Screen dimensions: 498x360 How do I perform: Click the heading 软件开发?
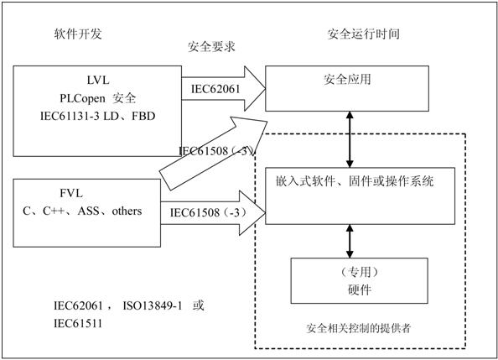pos(78,34)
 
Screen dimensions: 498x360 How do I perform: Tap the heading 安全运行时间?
pos(363,34)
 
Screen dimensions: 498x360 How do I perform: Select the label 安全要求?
pos(211,47)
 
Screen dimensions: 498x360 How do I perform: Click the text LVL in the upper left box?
pos(98,80)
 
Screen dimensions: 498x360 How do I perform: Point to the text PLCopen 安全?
pos(98,98)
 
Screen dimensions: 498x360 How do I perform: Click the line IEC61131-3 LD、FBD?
pos(98,116)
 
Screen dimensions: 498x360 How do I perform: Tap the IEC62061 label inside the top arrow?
pos(215,89)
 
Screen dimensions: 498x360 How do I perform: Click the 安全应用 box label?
pos(347,79)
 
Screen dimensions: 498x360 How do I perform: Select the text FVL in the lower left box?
pos(71,193)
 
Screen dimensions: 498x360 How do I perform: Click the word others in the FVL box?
pos(127,211)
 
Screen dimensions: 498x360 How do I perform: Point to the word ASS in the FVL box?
pos(88,211)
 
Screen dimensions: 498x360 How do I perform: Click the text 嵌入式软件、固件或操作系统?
pos(355,181)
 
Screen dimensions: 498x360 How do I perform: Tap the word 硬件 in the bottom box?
pos(360,290)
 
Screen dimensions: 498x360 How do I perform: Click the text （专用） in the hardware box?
pos(360,272)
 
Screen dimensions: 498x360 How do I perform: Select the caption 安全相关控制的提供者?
pos(359,328)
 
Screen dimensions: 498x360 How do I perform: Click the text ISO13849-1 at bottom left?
pos(153,305)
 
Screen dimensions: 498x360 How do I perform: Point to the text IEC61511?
pos(78,323)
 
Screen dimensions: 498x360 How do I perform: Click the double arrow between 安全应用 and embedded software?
pos(350,139)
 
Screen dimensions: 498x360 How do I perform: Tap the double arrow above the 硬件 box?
pos(350,241)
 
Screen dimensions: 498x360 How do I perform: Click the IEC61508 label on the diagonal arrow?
pos(217,150)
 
